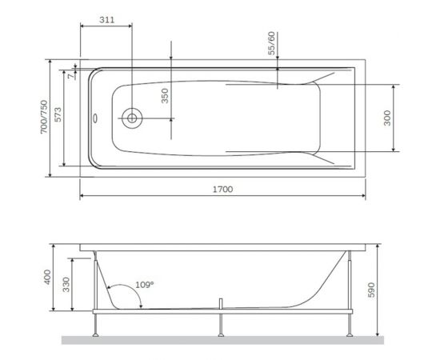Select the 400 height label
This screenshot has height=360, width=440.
point(47,278)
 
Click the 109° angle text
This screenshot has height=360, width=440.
point(144,284)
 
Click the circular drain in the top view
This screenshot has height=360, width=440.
point(130,118)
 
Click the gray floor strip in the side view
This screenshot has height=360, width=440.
point(216,339)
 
